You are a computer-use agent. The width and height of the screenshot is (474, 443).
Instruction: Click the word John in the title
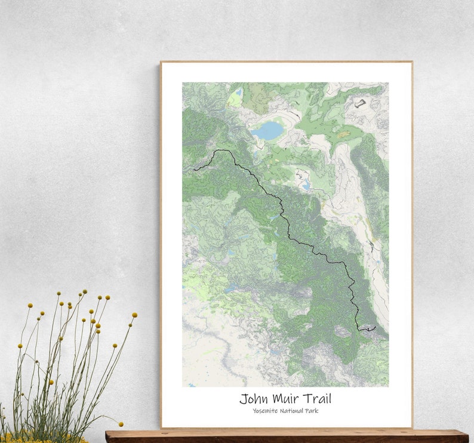pyautogui.click(x=254, y=398)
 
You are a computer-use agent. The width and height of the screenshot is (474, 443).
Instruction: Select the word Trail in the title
pyautogui.click(x=317, y=398)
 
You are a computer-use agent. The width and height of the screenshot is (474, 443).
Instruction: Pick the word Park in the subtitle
pyautogui.click(x=311, y=410)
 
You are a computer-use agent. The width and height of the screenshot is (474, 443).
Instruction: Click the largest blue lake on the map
pyautogui.click(x=267, y=130)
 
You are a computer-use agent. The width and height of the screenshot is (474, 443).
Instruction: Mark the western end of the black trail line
pyautogui.click(x=195, y=170)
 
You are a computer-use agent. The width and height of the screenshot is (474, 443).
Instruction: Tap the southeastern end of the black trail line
pyautogui.click(x=375, y=328)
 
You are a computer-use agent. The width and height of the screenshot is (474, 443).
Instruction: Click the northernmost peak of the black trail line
pyautogui.click(x=218, y=150)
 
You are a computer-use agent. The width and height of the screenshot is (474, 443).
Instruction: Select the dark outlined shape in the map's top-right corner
pyautogui.click(x=359, y=104)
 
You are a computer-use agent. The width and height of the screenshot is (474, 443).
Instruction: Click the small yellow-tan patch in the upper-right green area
pyautogui.click(x=343, y=135)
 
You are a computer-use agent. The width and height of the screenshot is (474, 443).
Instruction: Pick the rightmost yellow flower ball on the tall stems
pyautogui.click(x=135, y=315)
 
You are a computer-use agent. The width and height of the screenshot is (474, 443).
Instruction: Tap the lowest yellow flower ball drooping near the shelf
pyautogui.click(x=121, y=424)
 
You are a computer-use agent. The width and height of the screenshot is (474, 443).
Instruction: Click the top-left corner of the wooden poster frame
pyautogui.click(x=161, y=62)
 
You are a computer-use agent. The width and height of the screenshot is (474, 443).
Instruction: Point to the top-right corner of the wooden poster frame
pyautogui.click(x=411, y=62)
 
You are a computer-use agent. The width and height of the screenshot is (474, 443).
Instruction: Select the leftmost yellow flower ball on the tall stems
pyautogui.click(x=20, y=346)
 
